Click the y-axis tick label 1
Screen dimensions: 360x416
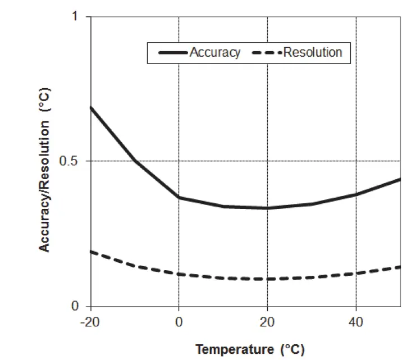tap(74, 17)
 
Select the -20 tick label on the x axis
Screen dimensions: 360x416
tap(90, 323)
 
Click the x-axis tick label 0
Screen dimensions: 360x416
tap(179, 323)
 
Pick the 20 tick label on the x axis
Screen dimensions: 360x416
tap(267, 323)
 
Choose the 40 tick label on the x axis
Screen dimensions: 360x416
tap(356, 323)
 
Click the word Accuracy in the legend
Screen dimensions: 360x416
tap(215, 53)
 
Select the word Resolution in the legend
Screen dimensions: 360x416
tap(313, 53)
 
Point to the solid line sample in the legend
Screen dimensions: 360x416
tap(173, 53)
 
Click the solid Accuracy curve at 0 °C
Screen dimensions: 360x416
tap(179, 197)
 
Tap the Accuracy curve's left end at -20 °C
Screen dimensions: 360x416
tap(90, 107)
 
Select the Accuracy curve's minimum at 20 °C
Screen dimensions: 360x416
tap(267, 208)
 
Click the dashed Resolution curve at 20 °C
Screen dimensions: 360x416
tap(267, 279)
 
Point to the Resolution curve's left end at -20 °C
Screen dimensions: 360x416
tap(90, 252)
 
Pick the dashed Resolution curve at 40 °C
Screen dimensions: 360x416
tap(356, 274)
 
